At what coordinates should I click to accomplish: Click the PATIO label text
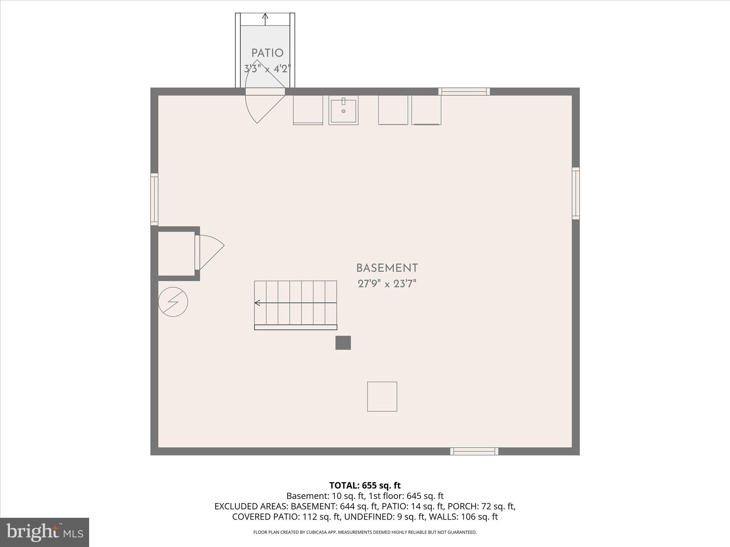point(267,53)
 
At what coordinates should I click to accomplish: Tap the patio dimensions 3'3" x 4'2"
point(267,68)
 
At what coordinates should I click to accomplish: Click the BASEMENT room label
point(387,268)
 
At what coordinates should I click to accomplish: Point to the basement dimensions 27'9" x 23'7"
point(387,284)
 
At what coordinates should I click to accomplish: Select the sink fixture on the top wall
point(343,110)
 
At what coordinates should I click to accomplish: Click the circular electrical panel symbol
point(173,302)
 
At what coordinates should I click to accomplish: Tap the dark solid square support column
point(343,343)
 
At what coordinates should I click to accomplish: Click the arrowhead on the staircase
point(257,303)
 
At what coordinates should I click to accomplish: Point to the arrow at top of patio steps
point(265,16)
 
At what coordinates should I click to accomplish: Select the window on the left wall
point(154,199)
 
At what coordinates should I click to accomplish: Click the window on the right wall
point(576,193)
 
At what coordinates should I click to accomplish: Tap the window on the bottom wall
point(474,451)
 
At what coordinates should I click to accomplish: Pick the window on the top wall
point(464,92)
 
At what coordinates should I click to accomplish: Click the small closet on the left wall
point(176,254)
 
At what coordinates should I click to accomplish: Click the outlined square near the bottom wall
point(382,396)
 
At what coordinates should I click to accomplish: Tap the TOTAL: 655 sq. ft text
point(365,485)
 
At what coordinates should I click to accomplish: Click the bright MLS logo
point(45,532)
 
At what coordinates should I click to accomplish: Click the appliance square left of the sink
point(308,110)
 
